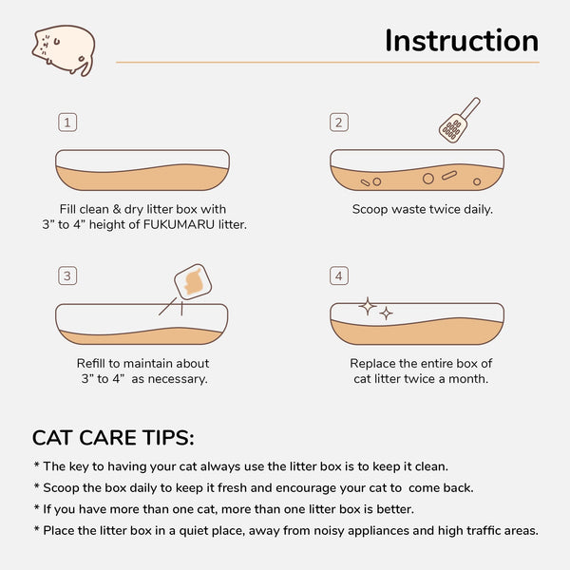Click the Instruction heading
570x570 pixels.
461,41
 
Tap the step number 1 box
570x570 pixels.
66,123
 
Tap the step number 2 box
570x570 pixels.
338,123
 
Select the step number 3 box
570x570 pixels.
66,275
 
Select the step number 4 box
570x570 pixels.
338,275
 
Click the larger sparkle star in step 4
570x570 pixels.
368,306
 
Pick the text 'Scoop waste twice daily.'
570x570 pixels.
422,209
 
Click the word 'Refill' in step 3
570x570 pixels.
95,363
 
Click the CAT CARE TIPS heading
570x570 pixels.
113,438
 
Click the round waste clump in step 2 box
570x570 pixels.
427,178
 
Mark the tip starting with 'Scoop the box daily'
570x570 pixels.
253,487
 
